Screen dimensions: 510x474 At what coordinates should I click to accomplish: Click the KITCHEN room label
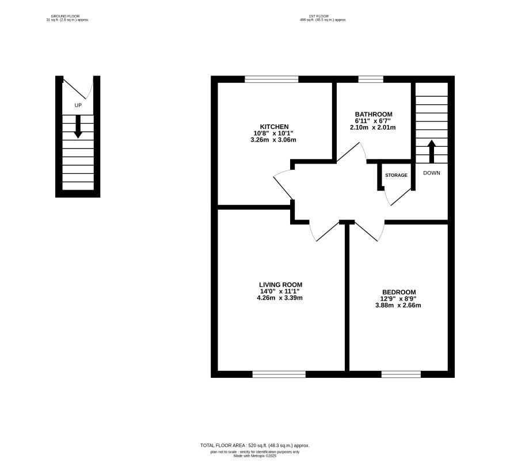click(274, 127)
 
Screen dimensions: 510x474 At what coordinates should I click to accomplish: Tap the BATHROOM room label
click(374, 114)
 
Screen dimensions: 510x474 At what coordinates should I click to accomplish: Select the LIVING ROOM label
click(280, 285)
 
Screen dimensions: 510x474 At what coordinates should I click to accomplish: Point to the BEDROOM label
click(399, 292)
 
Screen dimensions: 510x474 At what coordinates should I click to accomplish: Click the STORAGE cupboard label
click(396, 175)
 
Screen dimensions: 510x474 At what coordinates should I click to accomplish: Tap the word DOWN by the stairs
click(432, 173)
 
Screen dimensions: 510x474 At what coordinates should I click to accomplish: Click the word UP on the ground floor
click(78, 105)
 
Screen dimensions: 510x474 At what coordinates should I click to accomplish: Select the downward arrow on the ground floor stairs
click(78, 127)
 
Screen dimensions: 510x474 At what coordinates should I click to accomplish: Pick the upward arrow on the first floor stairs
click(432, 151)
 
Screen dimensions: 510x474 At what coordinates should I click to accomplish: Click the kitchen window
click(272, 79)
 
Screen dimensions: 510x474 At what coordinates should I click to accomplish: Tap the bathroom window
click(371, 79)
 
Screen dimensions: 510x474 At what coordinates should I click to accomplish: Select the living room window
click(279, 374)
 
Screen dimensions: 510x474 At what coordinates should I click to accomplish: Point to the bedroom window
click(401, 374)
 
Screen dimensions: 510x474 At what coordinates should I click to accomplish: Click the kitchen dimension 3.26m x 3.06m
click(273, 140)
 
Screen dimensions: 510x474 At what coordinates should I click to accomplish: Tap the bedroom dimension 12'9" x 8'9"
click(398, 299)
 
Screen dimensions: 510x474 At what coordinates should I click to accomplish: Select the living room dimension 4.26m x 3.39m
click(280, 298)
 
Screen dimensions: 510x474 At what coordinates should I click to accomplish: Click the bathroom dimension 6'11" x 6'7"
click(373, 121)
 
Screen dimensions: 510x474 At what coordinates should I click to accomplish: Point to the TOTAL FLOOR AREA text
click(255, 445)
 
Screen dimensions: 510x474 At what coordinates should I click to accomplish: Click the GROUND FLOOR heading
click(66, 16)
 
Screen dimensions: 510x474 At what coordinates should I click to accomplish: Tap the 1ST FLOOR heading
click(319, 16)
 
